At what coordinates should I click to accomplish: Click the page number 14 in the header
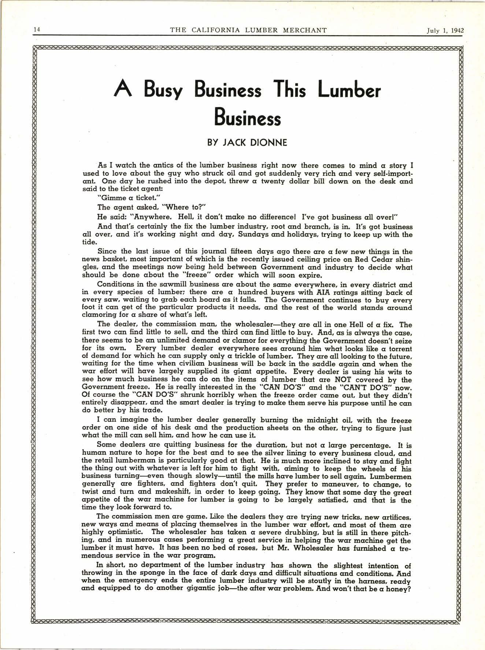pos(37,30)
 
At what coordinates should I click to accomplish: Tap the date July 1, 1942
pos(445,30)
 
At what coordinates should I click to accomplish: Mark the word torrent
pos(398,349)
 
